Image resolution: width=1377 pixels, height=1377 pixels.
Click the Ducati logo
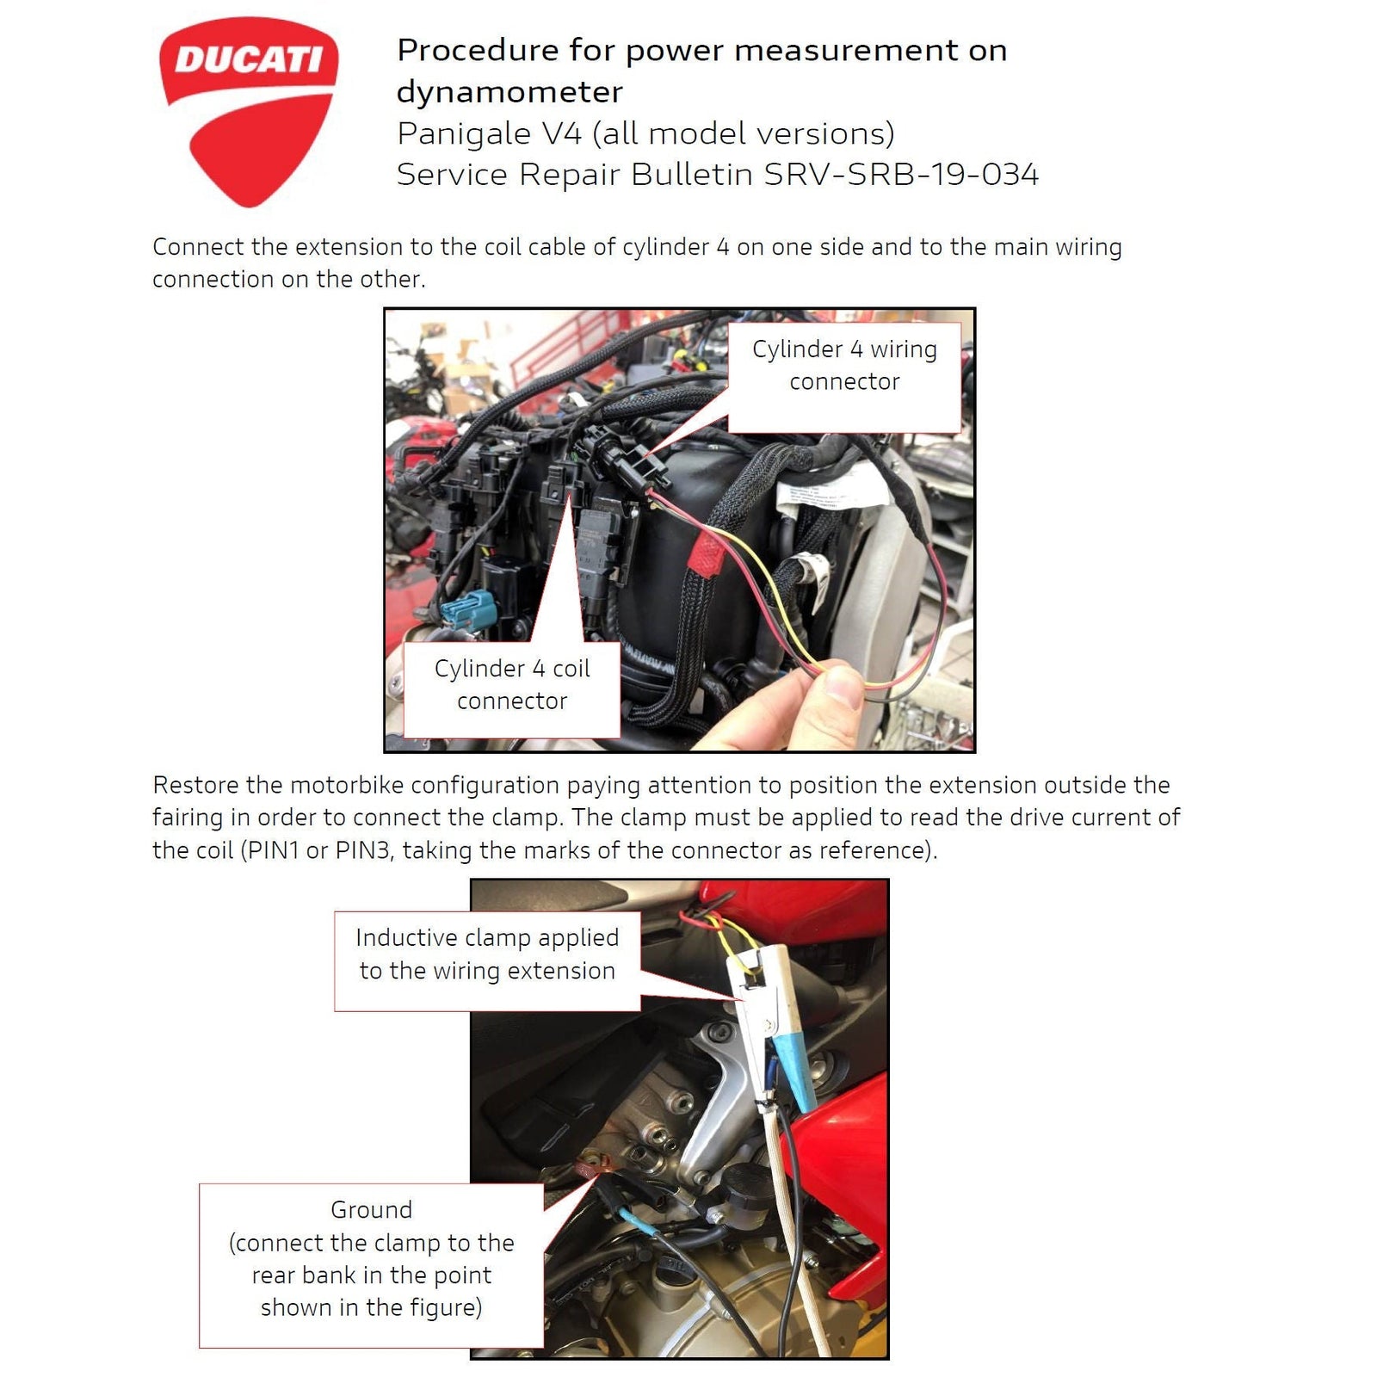[x=248, y=110]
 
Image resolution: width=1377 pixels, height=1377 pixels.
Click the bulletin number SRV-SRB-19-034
[x=901, y=175]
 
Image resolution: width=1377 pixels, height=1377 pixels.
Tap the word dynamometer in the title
[x=509, y=92]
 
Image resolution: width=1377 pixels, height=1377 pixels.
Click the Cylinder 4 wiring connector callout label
[x=844, y=366]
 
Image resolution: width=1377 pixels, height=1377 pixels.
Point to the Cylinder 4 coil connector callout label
[x=512, y=685]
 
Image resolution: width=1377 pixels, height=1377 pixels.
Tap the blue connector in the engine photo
[x=467, y=608]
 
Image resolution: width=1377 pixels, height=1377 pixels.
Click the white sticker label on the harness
[x=813, y=500]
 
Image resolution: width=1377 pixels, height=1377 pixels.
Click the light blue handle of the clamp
[x=793, y=1063]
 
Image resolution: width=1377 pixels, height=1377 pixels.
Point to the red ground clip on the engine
[x=594, y=1167]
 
